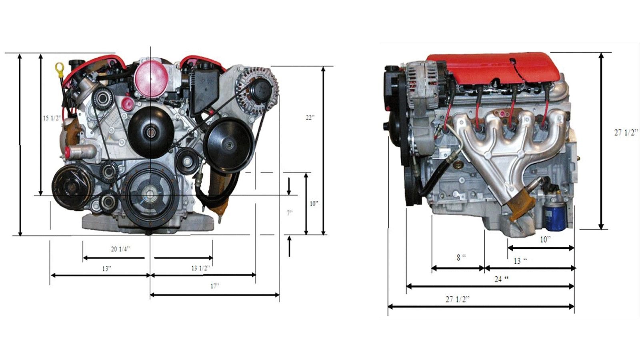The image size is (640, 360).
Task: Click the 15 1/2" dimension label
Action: [52, 118]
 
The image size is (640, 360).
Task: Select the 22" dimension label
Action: [310, 118]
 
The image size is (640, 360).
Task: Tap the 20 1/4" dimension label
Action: [120, 249]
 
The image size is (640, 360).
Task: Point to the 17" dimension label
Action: [215, 286]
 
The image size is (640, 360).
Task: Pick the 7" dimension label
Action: [290, 213]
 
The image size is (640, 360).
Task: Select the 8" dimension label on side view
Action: [461, 258]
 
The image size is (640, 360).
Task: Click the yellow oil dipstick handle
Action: [60, 68]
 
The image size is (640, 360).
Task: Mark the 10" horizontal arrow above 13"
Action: [541, 248]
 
